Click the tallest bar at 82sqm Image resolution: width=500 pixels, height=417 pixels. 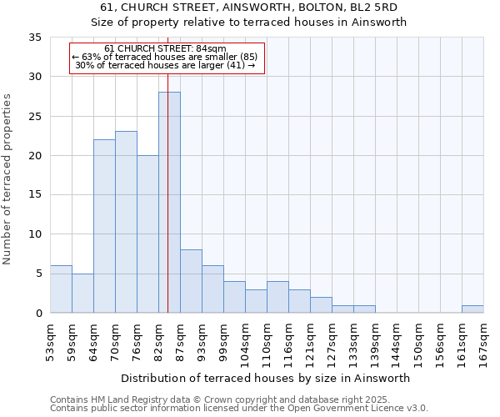169,203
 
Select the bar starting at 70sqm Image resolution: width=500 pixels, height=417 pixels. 126,222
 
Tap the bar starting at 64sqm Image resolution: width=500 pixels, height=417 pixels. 104,226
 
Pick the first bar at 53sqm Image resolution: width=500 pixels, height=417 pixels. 61,289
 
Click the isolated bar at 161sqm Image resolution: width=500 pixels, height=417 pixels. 472,309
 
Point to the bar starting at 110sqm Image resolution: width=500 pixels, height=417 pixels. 277,297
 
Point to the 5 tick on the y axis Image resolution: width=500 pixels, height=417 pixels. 37,274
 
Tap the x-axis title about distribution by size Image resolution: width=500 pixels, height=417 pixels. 266,378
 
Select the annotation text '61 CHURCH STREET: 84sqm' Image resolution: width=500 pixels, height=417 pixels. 166,49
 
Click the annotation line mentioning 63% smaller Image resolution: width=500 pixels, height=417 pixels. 166,57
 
